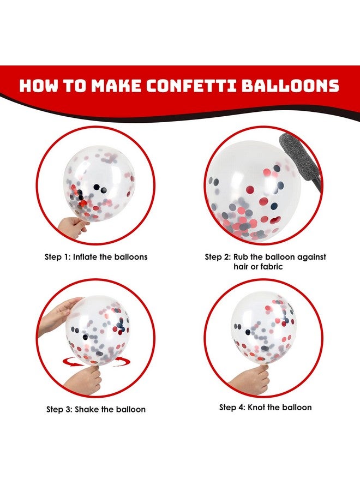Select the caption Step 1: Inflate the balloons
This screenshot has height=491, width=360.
[x=96, y=256]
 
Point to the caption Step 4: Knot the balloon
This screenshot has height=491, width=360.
[x=266, y=408]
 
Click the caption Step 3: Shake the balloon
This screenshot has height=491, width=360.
[x=95, y=409]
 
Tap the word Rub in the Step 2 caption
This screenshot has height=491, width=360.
[x=243, y=256]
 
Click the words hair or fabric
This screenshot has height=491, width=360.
[x=265, y=267]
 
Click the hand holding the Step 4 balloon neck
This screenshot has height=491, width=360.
[x=251, y=379]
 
